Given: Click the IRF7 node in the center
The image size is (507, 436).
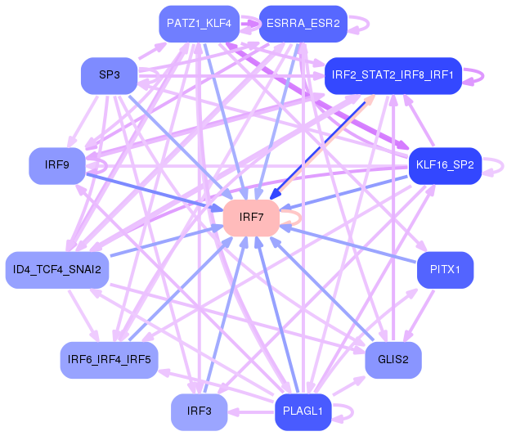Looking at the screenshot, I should click(251, 218).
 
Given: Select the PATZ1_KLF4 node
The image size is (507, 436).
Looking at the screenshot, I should click(202, 24).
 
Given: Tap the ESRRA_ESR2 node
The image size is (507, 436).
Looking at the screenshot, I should click(303, 24).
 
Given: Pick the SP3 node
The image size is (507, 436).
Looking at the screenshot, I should click(110, 75).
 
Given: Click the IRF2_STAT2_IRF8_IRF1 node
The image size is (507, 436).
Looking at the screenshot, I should click(393, 76).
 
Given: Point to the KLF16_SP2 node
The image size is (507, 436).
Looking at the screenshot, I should click(444, 165).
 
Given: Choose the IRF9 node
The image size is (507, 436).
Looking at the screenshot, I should click(57, 165).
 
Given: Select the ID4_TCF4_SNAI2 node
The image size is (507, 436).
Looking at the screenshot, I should click(57, 269).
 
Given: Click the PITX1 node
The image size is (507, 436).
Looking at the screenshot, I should click(444, 269).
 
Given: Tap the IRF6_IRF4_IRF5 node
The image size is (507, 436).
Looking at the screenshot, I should click(110, 359).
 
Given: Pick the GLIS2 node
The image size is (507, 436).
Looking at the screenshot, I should click(393, 359).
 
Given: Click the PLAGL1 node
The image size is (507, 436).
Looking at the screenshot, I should click(303, 411).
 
